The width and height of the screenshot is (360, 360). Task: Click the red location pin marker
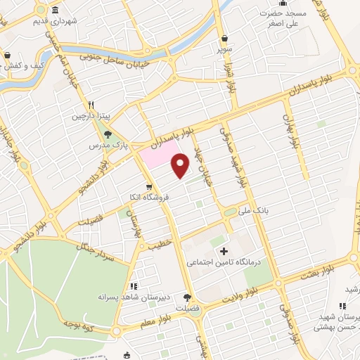[x=181, y=165]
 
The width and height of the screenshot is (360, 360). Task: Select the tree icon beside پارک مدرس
[x=108, y=134]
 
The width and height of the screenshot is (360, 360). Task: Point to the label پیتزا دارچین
[x=89, y=117]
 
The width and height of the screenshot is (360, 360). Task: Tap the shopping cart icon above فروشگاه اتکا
[x=149, y=186]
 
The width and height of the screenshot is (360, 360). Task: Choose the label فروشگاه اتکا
[x=146, y=197]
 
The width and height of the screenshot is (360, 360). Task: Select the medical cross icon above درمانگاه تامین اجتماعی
[x=224, y=251]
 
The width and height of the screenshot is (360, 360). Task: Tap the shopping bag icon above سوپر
[x=224, y=39]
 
